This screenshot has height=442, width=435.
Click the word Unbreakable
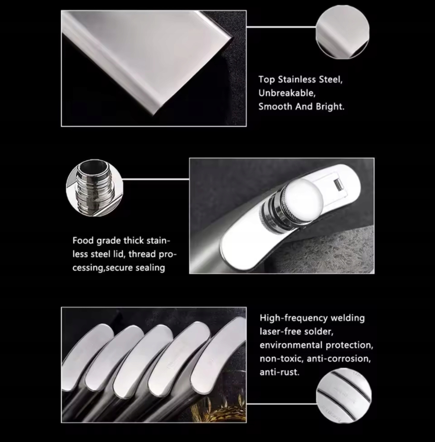[287, 93]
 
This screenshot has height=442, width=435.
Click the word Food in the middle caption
[83, 241]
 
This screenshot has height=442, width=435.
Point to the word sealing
[150, 268]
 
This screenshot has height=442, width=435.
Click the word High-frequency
[294, 318]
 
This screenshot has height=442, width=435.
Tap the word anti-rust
[280, 372]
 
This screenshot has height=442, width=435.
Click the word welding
[347, 318]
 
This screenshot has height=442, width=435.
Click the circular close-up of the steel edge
[343, 32]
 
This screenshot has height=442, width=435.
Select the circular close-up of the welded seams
[344, 396]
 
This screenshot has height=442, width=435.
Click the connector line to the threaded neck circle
[156, 179]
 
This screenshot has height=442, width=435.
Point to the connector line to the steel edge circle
[281, 27]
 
